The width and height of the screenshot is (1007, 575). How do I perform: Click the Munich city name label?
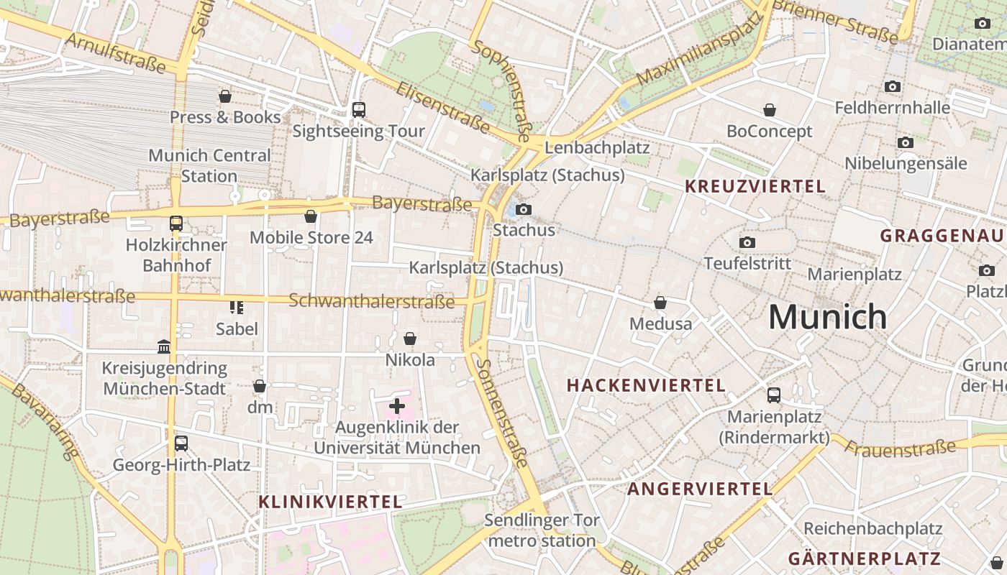point(827,317)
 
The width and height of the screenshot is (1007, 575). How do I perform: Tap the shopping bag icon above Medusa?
point(660,303)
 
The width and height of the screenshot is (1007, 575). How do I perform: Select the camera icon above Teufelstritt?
point(747,242)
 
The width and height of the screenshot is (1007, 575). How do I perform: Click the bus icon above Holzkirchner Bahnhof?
point(176,224)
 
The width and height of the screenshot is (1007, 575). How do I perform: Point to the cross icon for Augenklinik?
point(397,406)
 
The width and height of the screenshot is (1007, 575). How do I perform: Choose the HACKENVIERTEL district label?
point(646,385)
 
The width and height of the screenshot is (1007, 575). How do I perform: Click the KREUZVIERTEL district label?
point(755,187)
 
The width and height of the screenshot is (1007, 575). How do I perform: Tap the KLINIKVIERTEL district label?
point(330,502)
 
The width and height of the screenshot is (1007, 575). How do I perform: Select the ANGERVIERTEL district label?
point(700,489)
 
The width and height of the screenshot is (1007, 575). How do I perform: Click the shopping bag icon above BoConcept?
point(770,110)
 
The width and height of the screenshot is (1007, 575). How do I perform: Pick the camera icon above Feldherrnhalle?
point(893,87)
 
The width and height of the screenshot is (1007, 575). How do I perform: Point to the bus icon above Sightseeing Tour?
point(358,110)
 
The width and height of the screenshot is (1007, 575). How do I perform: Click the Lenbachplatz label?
point(597,148)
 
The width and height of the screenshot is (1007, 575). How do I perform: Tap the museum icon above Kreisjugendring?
point(164,347)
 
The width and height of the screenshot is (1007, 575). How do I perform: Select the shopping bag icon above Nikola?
point(410,339)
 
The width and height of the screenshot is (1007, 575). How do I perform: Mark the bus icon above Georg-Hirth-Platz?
point(181,443)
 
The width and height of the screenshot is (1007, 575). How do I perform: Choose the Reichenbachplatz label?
point(872,529)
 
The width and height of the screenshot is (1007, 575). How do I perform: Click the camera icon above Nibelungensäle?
point(906,142)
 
